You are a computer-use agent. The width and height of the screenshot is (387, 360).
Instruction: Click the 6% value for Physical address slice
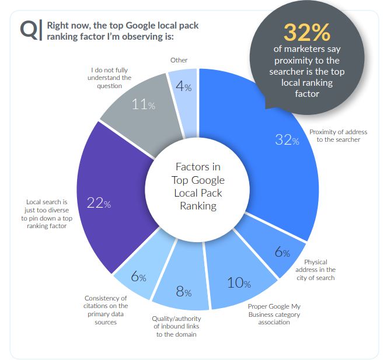(283, 252)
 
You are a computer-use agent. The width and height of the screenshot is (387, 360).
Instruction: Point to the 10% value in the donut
(239, 284)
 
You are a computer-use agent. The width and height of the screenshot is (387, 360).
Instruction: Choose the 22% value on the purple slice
(99, 203)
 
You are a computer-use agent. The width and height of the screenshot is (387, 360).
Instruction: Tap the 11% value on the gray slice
(143, 105)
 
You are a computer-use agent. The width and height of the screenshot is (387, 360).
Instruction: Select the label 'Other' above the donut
(179, 60)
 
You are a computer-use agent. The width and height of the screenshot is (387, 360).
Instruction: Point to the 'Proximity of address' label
(338, 135)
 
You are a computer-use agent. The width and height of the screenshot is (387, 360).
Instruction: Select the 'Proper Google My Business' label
(274, 314)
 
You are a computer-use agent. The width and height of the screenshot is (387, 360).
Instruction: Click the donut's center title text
(198, 186)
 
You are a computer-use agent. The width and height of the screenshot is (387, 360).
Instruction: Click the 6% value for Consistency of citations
(138, 277)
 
